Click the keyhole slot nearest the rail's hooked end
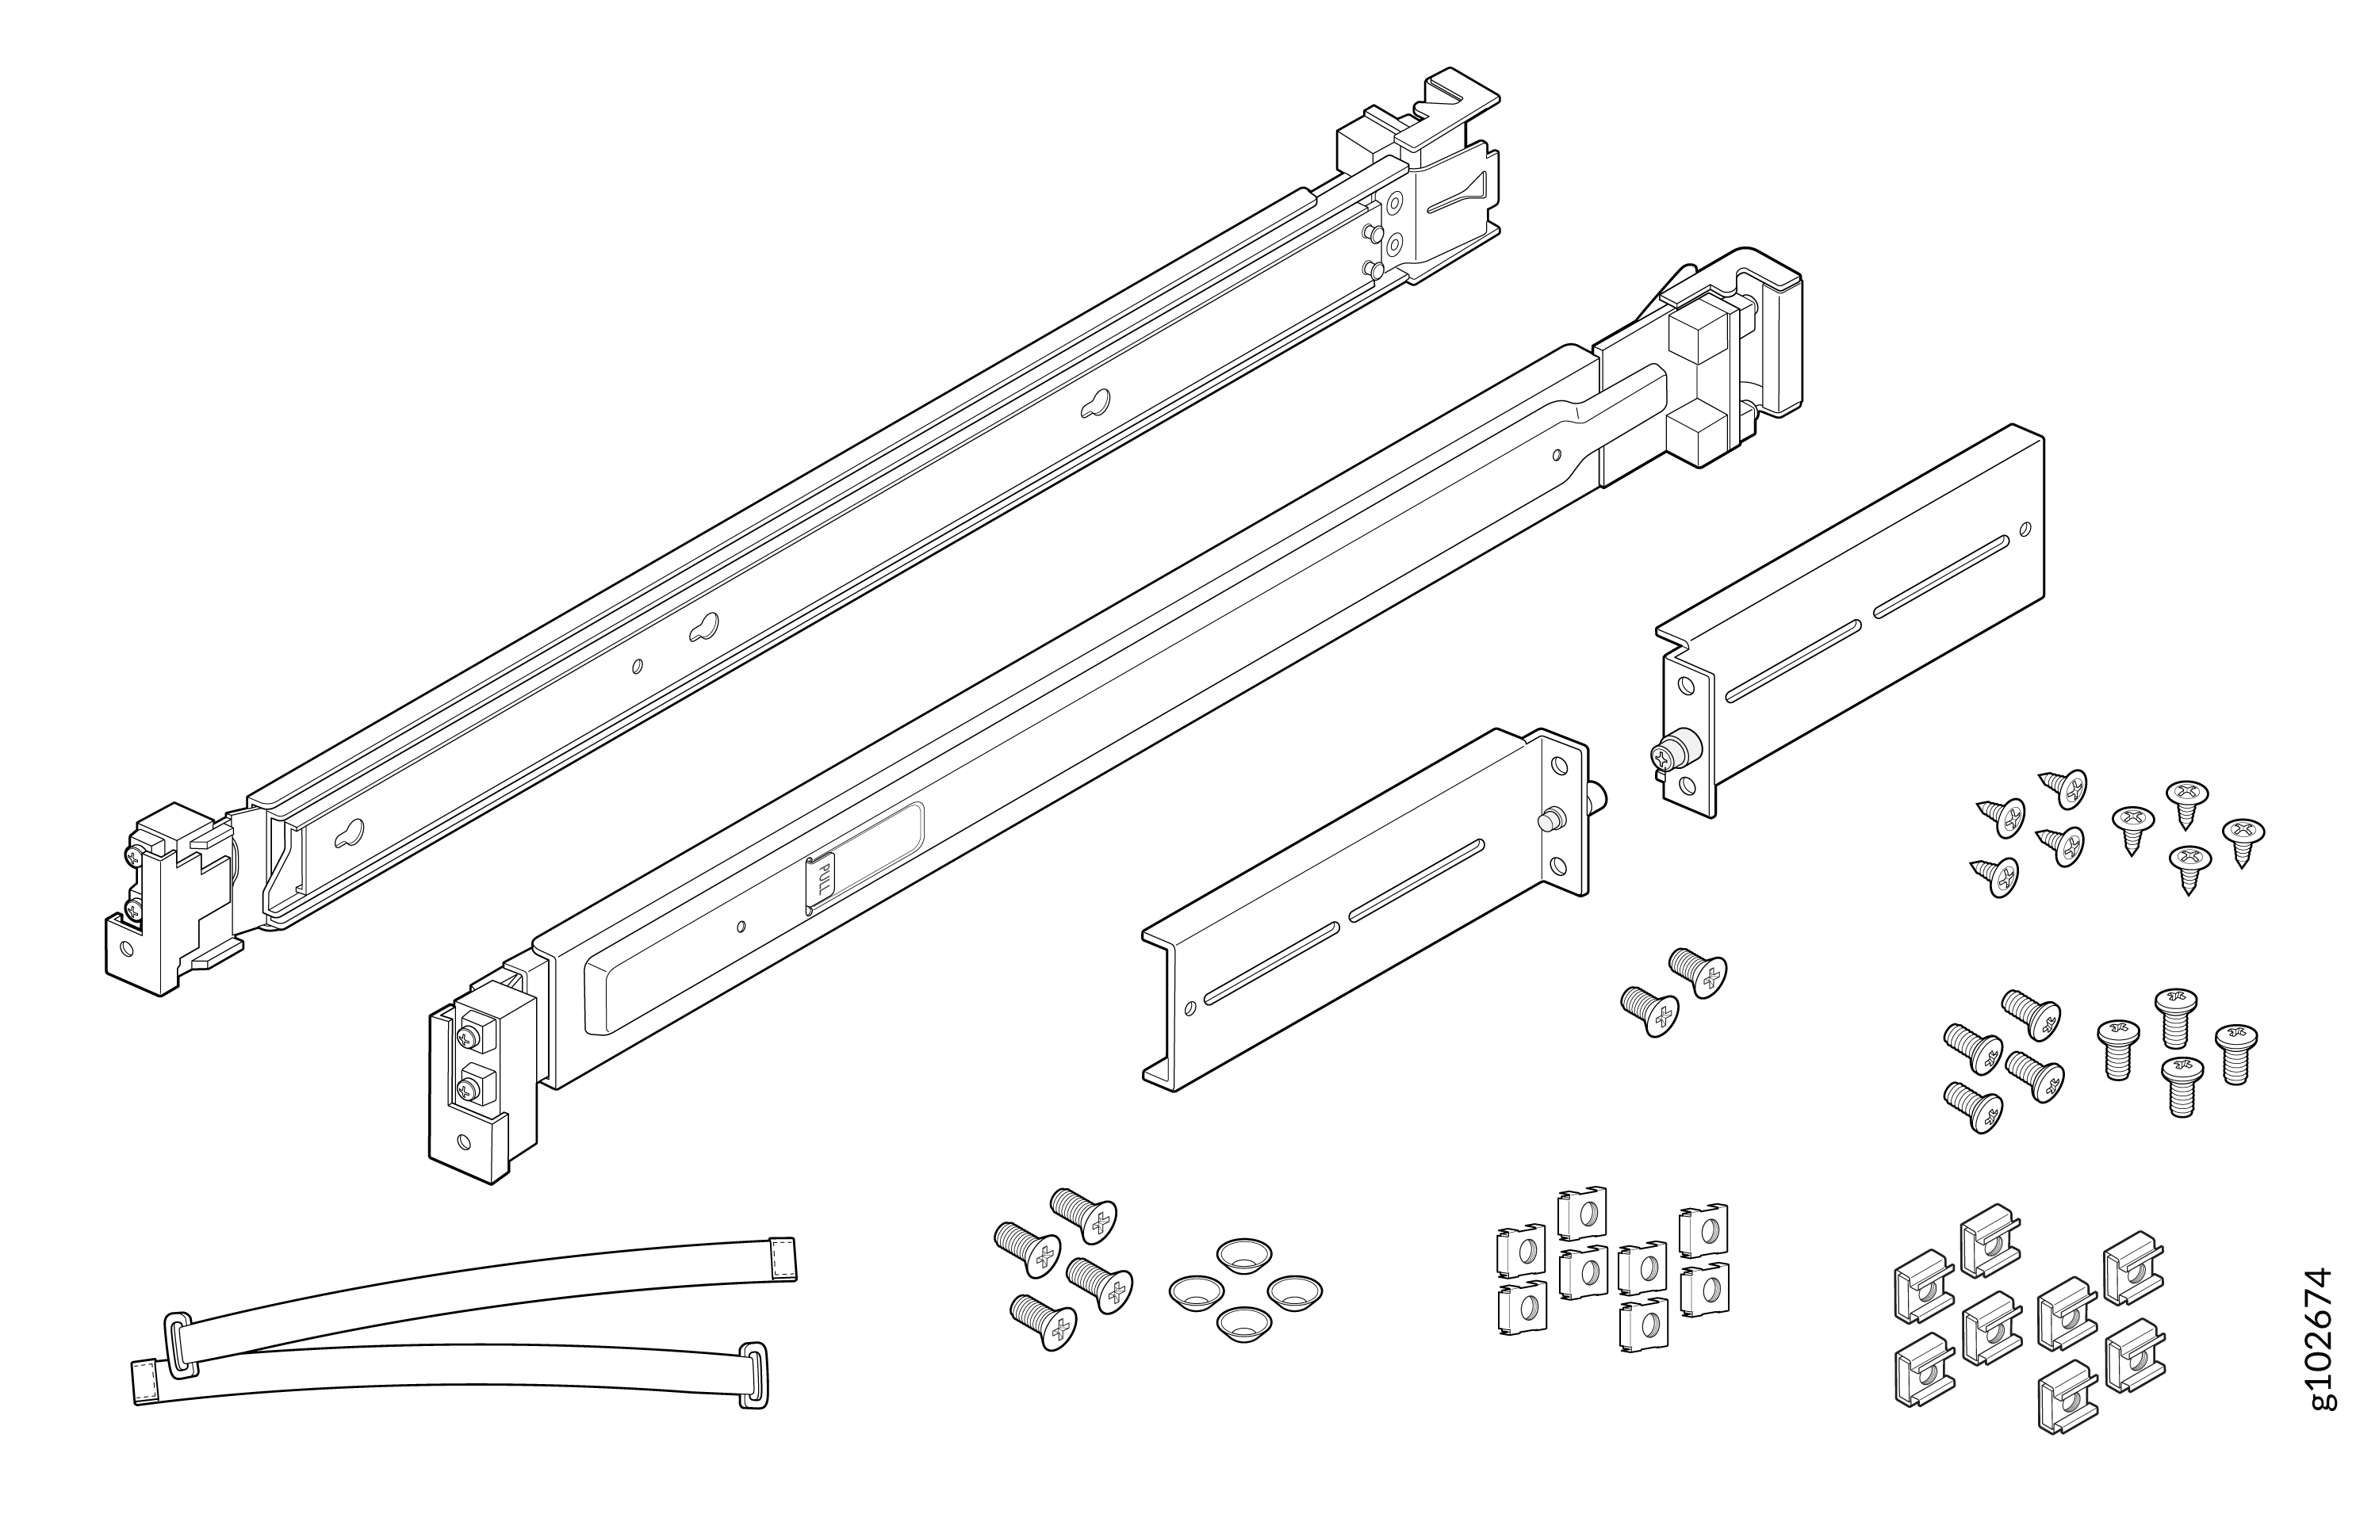tap(1096, 402)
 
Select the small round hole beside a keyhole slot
tap(638, 666)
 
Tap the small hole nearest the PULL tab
tap(741, 926)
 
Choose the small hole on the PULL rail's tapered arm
tap(1557, 456)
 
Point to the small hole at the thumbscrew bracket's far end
tap(2026, 528)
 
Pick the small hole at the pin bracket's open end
tap(1190, 1008)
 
